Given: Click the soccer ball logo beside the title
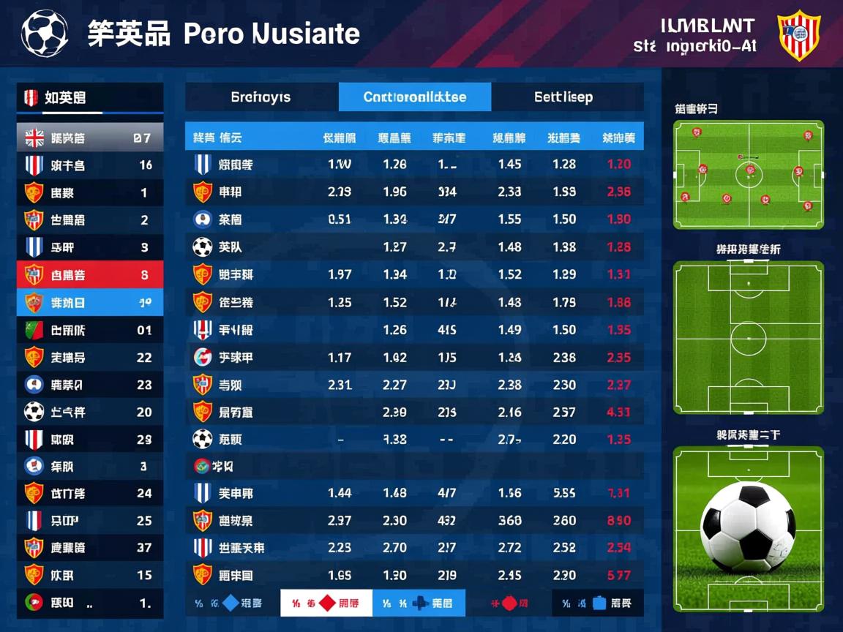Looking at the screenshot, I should (45, 34).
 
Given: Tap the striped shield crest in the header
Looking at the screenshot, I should (798, 34).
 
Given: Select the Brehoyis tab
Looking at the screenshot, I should (261, 97).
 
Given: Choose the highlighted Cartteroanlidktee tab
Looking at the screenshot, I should (415, 97).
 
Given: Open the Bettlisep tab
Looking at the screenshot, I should (563, 97).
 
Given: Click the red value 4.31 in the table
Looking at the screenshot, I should (618, 412).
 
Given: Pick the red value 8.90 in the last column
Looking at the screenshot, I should (618, 521).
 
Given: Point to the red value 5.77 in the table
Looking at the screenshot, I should (618, 576).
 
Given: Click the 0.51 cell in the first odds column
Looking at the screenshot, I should (340, 219).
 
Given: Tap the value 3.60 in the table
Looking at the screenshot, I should (510, 521).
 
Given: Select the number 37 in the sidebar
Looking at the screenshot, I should (144, 548).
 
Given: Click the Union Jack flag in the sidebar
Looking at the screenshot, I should (34, 138).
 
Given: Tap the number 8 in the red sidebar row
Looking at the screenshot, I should (145, 275).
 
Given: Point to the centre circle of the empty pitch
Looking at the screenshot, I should (748, 339).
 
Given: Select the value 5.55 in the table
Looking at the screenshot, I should (564, 494).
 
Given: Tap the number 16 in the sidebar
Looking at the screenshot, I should (146, 165).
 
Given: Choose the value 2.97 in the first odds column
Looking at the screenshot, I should (340, 521).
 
